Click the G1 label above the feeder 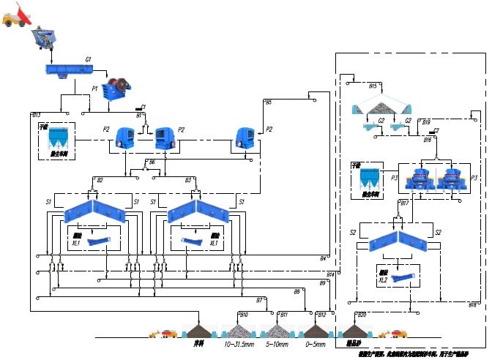[88, 59]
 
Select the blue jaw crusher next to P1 [114, 92]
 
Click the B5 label [268, 102]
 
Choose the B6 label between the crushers [152, 161]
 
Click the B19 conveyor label [426, 122]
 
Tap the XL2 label [382, 280]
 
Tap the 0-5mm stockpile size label [315, 344]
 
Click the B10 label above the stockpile [244, 315]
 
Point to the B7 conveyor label [259, 300]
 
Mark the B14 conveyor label [330, 274]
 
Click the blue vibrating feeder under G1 [68, 70]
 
